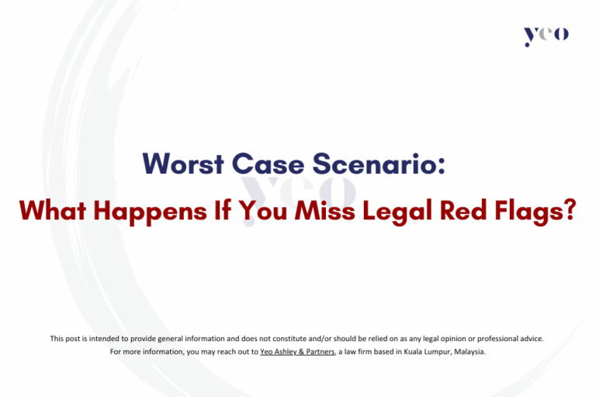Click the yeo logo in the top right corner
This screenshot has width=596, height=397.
(x=546, y=35)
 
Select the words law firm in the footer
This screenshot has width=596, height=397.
(x=365, y=351)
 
